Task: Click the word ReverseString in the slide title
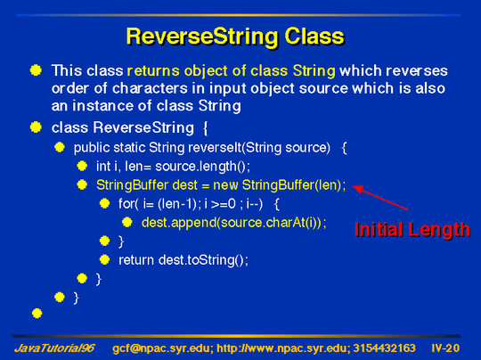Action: coord(202,37)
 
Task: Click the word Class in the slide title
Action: coord(314,37)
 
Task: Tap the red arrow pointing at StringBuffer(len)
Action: coord(380,197)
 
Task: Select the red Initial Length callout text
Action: coord(412,230)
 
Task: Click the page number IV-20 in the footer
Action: coord(445,348)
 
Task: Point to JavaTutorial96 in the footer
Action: coord(54,348)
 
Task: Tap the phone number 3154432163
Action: coord(385,348)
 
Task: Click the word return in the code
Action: coord(136,260)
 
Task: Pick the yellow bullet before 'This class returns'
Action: coord(36,70)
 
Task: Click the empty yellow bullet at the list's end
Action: coord(37,314)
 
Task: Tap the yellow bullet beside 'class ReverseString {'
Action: coord(36,127)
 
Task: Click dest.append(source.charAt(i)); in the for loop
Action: coord(234,223)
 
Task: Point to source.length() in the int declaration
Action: coord(202,167)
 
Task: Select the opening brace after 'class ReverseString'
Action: coord(206,128)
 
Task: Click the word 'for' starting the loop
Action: coord(126,204)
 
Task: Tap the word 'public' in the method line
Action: coord(92,148)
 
